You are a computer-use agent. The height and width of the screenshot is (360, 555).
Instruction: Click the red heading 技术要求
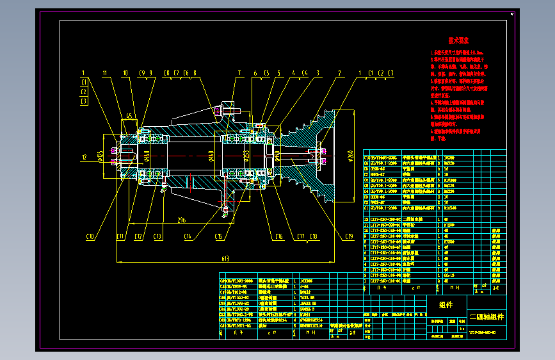tap(459, 40)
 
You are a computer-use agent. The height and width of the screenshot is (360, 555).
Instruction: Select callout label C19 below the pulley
tap(349, 237)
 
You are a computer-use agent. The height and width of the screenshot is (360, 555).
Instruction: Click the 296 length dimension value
tap(182, 220)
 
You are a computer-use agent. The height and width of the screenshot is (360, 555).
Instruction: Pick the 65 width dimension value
tap(129, 116)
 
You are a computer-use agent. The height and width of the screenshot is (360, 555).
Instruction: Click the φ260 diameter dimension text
tap(350, 156)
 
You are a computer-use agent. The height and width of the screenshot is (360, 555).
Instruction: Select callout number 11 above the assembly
tap(105, 72)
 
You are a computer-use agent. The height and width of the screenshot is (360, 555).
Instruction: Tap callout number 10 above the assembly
tap(125, 72)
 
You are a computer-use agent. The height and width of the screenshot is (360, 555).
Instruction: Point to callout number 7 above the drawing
tap(239, 72)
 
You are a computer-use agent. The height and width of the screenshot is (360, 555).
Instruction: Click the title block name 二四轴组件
tap(487, 316)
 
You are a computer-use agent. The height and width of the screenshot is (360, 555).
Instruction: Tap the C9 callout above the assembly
tap(141, 72)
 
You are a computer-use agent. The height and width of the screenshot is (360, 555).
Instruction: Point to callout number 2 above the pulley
tap(337, 72)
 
